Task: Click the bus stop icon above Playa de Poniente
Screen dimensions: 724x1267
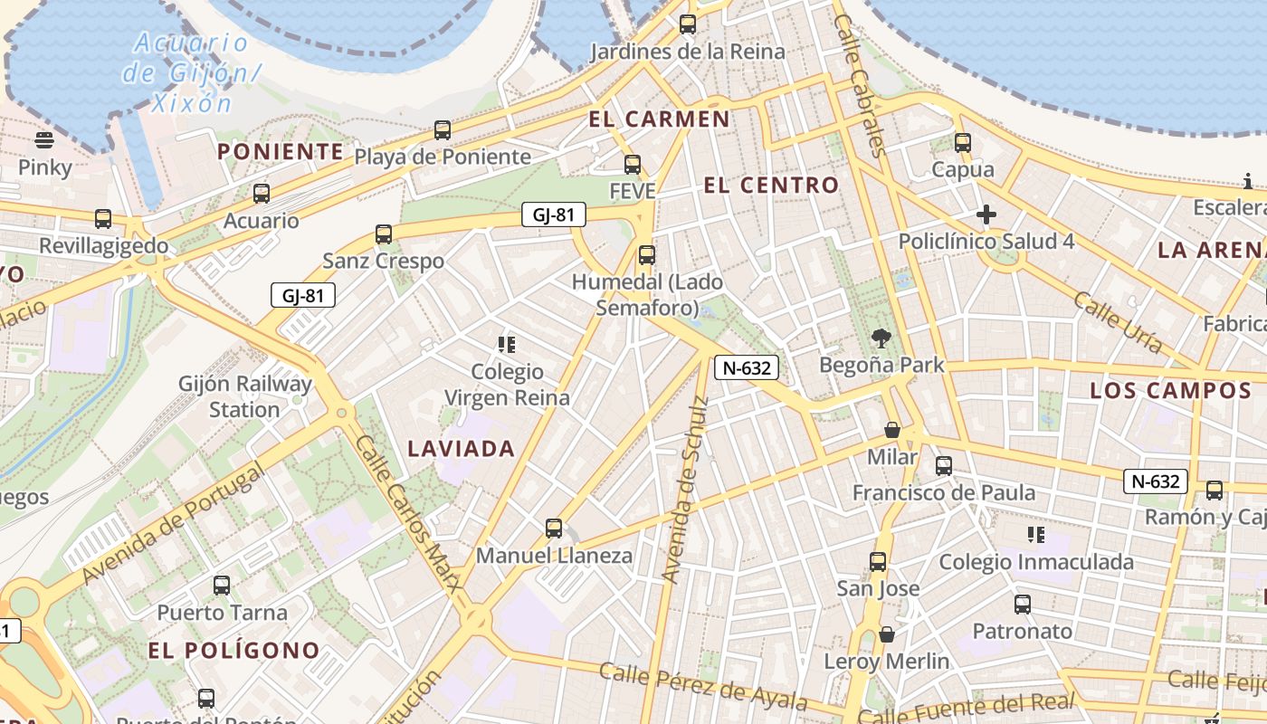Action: point(442,130)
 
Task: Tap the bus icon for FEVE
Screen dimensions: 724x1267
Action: point(633,165)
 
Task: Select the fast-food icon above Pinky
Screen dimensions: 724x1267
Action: point(43,140)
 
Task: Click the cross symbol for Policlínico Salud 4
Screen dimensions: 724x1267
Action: point(986,215)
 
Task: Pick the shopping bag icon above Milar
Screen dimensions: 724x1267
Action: point(892,430)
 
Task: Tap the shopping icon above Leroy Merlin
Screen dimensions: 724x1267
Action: point(887,634)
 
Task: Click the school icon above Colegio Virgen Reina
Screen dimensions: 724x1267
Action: point(507,344)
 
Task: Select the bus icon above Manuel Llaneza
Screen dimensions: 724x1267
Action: point(554,529)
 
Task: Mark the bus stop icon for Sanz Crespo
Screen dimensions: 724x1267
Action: point(384,234)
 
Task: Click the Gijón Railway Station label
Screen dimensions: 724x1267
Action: point(244,396)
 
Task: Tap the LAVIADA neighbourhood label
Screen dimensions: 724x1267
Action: point(461,449)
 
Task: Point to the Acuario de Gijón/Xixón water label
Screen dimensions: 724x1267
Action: point(190,72)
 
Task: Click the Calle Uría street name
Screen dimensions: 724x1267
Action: point(1117,322)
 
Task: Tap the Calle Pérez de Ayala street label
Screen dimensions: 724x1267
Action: point(703,685)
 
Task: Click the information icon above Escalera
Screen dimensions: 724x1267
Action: point(1249,182)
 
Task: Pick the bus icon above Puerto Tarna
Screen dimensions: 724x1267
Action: point(222,586)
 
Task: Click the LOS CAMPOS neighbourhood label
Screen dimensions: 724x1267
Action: point(1170,391)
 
